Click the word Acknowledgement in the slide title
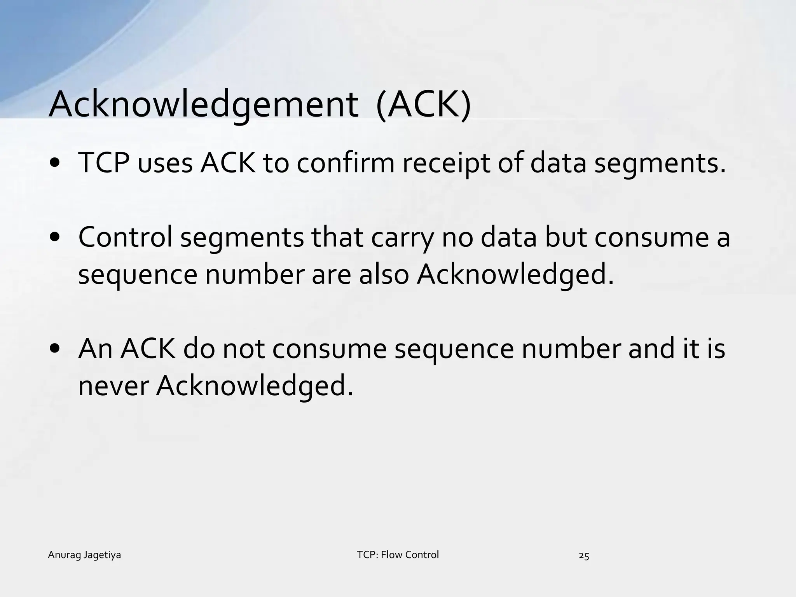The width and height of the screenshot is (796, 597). click(x=202, y=105)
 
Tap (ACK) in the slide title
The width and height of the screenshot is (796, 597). click(x=423, y=105)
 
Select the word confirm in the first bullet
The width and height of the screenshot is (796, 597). click(x=346, y=163)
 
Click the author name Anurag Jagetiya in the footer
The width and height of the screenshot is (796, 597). click(x=84, y=555)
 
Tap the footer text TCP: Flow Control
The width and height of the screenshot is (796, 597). click(x=398, y=555)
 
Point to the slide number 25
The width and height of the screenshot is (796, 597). click(x=584, y=556)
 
